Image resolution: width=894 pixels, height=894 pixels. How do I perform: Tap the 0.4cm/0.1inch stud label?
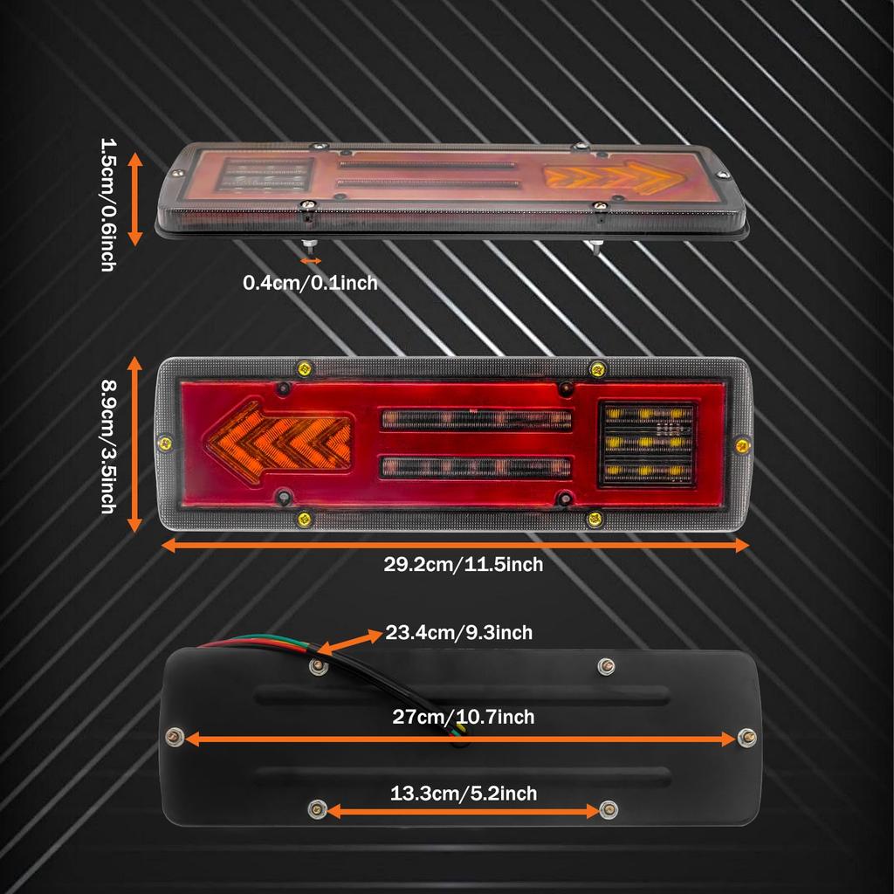310,282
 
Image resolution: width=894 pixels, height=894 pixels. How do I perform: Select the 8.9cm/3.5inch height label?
108,446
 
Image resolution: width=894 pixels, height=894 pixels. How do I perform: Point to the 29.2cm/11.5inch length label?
463,565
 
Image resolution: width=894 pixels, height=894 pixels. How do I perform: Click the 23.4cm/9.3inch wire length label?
459,632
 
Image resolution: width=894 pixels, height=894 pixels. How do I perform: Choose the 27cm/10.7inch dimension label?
463,717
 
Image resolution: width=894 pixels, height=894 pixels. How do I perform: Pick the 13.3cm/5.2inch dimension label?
463,793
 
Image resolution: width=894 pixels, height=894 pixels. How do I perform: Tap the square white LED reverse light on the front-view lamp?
647,444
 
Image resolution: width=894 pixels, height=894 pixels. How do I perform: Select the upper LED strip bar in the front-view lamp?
476,420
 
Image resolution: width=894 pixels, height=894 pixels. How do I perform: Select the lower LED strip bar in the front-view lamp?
476,468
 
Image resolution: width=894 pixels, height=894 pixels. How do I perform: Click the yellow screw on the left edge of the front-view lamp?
165,443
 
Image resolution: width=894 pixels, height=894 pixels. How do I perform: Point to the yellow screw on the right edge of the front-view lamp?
742,445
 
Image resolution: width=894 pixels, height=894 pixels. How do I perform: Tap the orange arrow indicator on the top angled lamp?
609,177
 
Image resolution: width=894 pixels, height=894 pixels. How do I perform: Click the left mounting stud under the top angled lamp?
308,246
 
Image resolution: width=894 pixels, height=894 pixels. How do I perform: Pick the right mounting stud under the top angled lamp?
595,246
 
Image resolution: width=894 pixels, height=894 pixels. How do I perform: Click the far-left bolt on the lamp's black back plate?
175,737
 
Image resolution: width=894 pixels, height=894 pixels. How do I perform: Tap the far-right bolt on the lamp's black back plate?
747,737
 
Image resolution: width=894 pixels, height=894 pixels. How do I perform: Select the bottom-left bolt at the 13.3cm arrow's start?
317,808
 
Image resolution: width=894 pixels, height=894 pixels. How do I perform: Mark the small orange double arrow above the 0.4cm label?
311,261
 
